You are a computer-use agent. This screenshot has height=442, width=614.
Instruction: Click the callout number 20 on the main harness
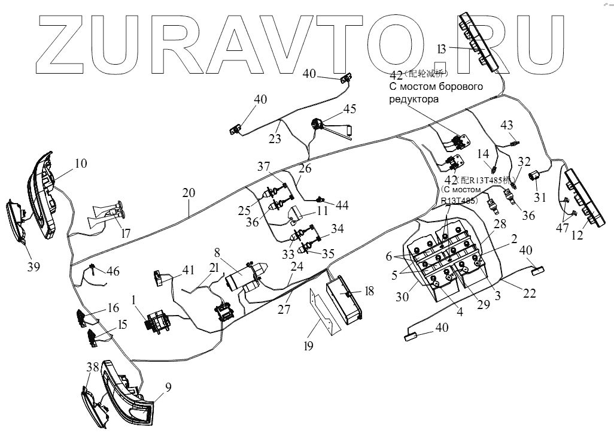tap(189, 193)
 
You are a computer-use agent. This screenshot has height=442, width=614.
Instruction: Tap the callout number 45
tap(349, 108)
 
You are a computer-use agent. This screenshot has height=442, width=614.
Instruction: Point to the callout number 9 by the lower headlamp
tap(168, 387)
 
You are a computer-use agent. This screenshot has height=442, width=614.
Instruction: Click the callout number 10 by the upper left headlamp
tap(81, 163)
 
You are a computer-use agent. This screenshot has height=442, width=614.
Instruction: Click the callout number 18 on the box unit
tap(369, 291)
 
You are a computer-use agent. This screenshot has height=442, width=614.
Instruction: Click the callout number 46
tap(113, 272)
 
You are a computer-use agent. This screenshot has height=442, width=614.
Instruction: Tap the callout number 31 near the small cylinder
tap(540, 197)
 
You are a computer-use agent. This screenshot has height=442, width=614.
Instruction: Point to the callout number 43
tap(506, 125)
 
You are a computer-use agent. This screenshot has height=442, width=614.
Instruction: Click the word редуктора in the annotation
tap(414, 99)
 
